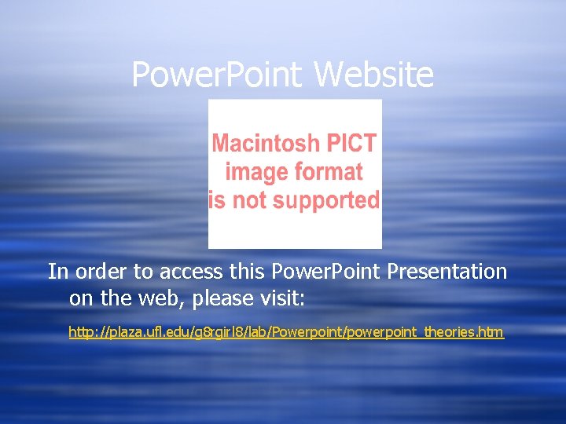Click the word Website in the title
tap(374, 75)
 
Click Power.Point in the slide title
tap(217, 75)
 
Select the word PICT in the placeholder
tap(351, 144)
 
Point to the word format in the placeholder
tap(325, 172)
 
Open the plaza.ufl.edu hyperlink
tap(286, 332)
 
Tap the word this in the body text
tap(248, 272)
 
